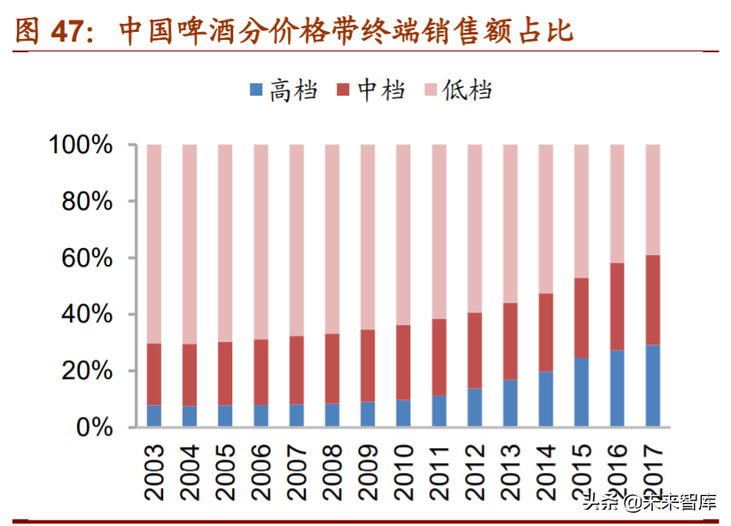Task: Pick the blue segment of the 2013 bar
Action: click(510, 404)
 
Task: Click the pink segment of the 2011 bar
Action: click(439, 231)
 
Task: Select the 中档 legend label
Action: click(382, 89)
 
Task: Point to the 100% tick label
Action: click(82, 145)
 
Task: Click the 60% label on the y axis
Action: click(89, 259)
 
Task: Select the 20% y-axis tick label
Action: click(89, 371)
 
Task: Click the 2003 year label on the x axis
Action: click(155, 466)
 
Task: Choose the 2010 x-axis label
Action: click(404, 466)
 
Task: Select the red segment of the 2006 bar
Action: click(261, 373)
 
